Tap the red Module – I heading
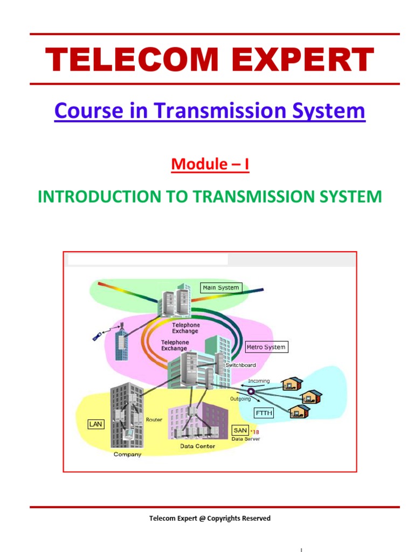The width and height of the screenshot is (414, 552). pos(210,164)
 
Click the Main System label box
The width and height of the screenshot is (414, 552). pos(220,288)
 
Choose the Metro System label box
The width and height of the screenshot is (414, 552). pos(266,347)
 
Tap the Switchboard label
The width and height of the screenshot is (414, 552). pos(240,365)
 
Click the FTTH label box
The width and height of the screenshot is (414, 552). pos(264,413)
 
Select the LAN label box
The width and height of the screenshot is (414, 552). pos(95,425)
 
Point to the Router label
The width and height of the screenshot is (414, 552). pos(154,419)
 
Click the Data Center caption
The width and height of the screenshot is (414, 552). pos(197,446)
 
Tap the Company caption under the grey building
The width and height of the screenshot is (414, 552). pos(127,454)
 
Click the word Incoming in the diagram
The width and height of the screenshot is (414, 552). pos(259,381)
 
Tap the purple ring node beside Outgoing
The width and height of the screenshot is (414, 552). pos(251,391)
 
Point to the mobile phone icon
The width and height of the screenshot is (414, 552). pos(96,337)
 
